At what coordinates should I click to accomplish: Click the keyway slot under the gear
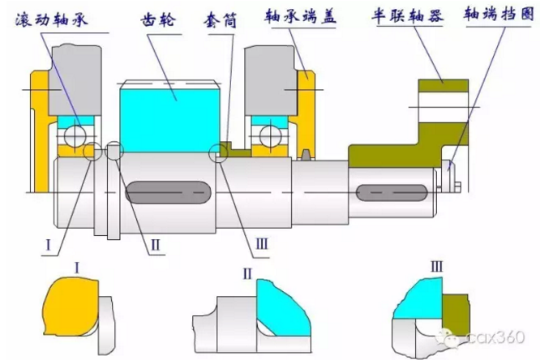(168, 192)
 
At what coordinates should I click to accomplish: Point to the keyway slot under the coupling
(391, 193)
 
